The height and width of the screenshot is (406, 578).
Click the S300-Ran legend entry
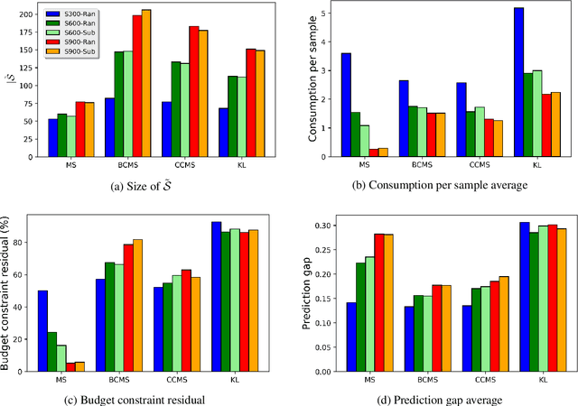point(74,14)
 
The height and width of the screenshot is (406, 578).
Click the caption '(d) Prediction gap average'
point(443,398)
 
